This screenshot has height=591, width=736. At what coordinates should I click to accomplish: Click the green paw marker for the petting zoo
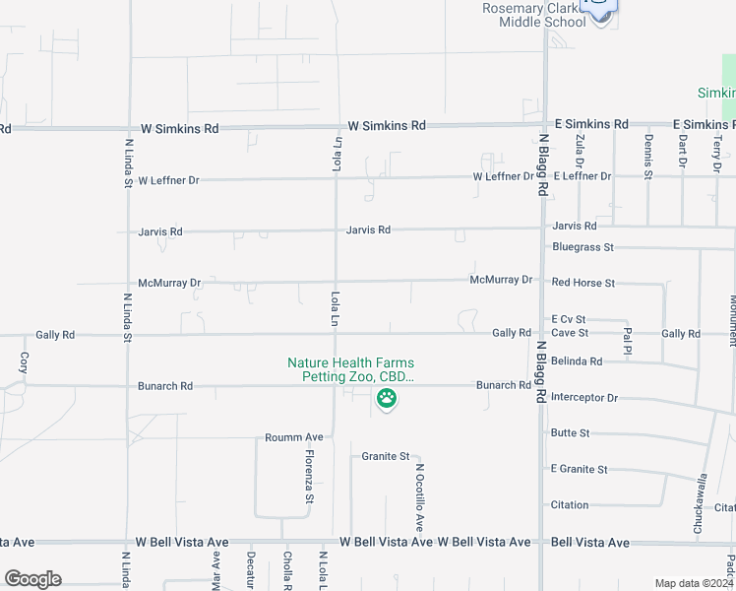(x=387, y=399)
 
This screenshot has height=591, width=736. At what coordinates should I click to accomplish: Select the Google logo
(x=32, y=579)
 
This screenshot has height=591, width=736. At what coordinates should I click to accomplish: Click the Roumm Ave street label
(x=294, y=437)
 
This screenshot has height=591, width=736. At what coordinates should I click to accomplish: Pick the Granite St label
(x=385, y=456)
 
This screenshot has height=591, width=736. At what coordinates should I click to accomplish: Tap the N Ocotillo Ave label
(x=419, y=497)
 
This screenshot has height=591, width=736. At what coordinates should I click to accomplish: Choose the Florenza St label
(x=309, y=477)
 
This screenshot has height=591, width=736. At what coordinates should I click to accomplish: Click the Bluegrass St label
(x=583, y=247)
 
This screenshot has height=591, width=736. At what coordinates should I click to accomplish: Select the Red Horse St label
(x=583, y=283)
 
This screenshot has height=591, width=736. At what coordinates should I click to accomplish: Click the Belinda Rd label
(x=577, y=361)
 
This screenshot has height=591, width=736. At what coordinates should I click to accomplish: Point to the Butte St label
(x=570, y=433)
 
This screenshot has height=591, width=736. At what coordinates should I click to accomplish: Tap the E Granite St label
(x=579, y=469)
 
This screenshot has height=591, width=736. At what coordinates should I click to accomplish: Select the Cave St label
(x=570, y=333)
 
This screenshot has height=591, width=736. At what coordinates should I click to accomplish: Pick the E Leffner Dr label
(x=582, y=176)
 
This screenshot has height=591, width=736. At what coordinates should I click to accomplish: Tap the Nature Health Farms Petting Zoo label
(x=350, y=370)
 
